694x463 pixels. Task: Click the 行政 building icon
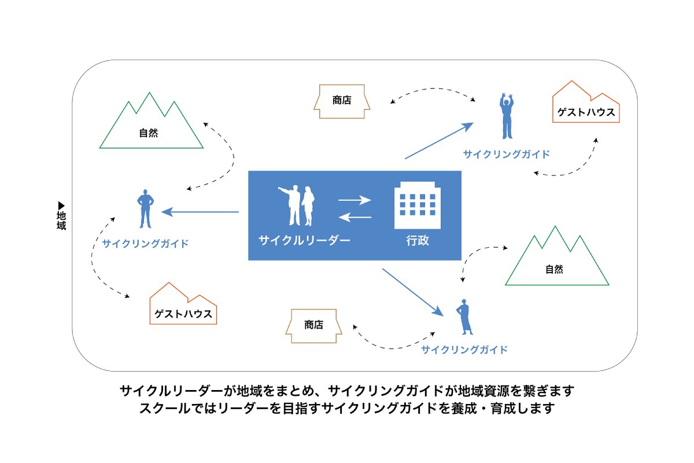pyautogui.click(x=415, y=207)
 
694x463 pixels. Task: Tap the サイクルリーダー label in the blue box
pyautogui.click(x=304, y=240)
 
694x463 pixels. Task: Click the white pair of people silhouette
pyautogui.click(x=297, y=206)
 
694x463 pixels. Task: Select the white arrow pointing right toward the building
pyautogui.click(x=354, y=200)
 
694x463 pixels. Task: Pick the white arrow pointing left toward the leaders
pyautogui.click(x=354, y=217)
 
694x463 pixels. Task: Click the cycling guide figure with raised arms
pyautogui.click(x=507, y=116)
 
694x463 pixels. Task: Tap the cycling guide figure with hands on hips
pyautogui.click(x=145, y=208)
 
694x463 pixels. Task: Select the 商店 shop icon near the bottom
pyautogui.click(x=314, y=326)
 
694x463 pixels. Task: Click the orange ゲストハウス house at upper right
pyautogui.click(x=586, y=106)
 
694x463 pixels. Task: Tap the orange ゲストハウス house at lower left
pyautogui.click(x=183, y=307)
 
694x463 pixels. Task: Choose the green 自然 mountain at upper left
pyautogui.click(x=150, y=124)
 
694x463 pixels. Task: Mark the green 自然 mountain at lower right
pyautogui.click(x=556, y=260)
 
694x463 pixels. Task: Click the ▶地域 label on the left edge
pyautogui.click(x=61, y=216)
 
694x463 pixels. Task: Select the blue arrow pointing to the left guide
pyautogui.click(x=200, y=212)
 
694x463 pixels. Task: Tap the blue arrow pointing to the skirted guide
pyautogui.click(x=412, y=292)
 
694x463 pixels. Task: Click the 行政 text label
pyautogui.click(x=417, y=240)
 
